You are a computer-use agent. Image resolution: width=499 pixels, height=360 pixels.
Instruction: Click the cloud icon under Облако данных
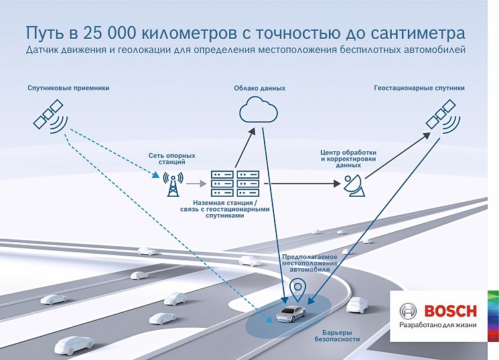tap(259, 110)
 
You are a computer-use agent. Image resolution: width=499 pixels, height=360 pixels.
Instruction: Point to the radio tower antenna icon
tap(173, 184)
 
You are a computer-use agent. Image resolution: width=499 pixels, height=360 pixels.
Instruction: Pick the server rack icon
tap(235, 183)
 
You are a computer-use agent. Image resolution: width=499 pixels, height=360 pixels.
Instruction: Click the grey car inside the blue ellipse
tap(291, 313)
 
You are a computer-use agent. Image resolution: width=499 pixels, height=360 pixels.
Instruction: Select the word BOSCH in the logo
tap(451, 311)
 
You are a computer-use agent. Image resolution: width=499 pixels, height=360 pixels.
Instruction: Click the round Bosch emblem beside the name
tap(408, 311)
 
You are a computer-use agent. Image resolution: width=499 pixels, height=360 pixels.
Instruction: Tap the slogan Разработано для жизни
tap(438, 325)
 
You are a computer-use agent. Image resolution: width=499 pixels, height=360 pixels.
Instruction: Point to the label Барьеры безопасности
tap(337, 336)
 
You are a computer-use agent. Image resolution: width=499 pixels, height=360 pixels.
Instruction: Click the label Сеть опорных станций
tap(172, 159)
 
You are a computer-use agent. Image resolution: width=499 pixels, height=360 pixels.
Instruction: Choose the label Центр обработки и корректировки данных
tap(348, 159)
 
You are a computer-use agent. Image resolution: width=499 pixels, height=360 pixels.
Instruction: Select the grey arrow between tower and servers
tap(196, 184)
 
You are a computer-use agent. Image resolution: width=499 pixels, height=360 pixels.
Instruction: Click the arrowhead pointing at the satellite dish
tap(338, 183)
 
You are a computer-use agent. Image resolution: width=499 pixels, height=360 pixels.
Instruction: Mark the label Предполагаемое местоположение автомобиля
tap(310, 263)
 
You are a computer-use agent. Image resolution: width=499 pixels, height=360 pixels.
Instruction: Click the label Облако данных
tap(260, 88)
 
